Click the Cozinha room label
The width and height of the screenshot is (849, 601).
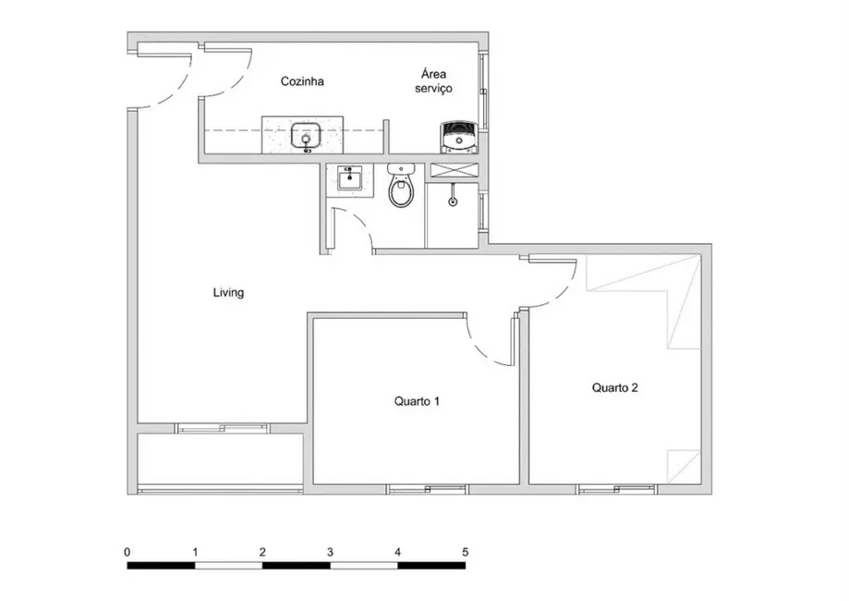tap(302, 81)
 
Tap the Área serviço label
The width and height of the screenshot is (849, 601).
tap(435, 81)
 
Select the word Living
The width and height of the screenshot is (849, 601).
tap(228, 293)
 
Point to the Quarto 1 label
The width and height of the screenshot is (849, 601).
tap(417, 401)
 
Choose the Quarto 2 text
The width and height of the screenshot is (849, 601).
tap(614, 388)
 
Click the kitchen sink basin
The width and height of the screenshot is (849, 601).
tap(306, 137)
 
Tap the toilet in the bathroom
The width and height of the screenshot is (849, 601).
tap(401, 189)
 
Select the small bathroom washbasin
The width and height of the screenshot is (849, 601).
tap(348, 178)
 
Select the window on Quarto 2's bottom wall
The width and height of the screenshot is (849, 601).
tap(617, 488)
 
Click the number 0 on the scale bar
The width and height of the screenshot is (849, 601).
tap(127, 552)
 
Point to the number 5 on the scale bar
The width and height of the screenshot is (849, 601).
tap(465, 552)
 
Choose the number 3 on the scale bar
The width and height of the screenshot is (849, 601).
tap(330, 552)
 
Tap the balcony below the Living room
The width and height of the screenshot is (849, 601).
tap(222, 458)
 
